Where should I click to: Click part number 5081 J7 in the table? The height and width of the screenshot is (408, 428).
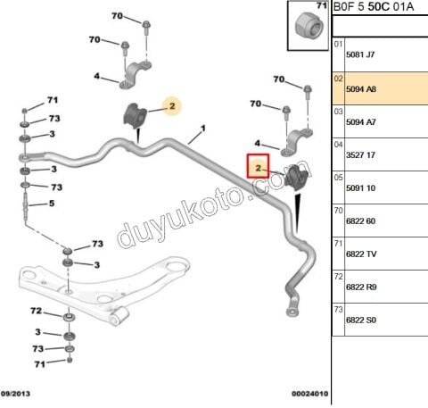pos(360,54)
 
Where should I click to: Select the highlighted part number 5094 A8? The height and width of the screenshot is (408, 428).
pos(361,89)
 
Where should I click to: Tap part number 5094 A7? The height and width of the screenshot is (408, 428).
pos(361,122)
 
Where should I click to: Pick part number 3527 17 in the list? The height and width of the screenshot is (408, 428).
pos(360,155)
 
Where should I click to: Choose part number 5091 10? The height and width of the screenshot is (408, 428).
pos(360,188)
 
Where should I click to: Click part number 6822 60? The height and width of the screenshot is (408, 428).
pos(360,221)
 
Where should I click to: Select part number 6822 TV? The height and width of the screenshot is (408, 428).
pos(361,254)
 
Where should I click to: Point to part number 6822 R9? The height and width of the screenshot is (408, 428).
pos(361,287)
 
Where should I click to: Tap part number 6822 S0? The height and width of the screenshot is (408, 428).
pos(361,321)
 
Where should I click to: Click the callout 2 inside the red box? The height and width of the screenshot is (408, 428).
pos(258,168)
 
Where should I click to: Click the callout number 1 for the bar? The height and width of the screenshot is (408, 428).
pos(203,129)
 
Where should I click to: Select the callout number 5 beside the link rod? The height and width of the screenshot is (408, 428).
pos(52,204)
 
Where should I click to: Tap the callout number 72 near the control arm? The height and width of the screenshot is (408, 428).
pos(37,311)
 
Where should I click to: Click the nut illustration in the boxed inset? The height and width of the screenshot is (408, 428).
pos(309,25)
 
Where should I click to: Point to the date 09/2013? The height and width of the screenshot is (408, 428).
pos(15,394)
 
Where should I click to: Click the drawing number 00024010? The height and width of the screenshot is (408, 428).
pos(309,394)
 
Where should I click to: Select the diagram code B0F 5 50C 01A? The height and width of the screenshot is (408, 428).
pos(374,6)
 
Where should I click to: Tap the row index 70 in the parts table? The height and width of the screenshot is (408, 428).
pos(338,211)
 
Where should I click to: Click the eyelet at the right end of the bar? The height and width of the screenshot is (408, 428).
pos(292,312)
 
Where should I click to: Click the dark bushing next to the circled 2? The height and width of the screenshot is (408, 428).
pos(135,115)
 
